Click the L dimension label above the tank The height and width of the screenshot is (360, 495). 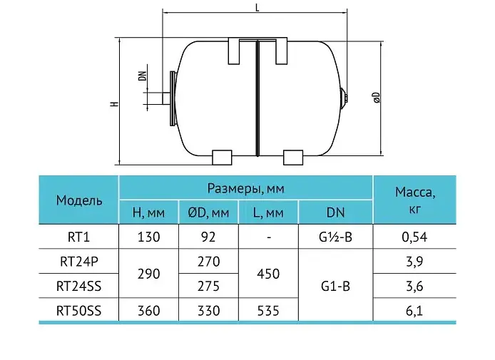click(x=257, y=8)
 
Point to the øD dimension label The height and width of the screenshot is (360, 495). click(x=377, y=98)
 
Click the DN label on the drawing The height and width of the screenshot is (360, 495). click(x=143, y=76)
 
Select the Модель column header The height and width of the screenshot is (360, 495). click(x=79, y=200)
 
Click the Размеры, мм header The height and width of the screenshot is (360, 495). click(x=245, y=188)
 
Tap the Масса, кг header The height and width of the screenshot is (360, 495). click(x=415, y=200)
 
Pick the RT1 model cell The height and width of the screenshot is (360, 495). click(x=78, y=237)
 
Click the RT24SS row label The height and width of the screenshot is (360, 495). click(x=78, y=286)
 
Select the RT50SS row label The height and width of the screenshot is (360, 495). click(x=78, y=311)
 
